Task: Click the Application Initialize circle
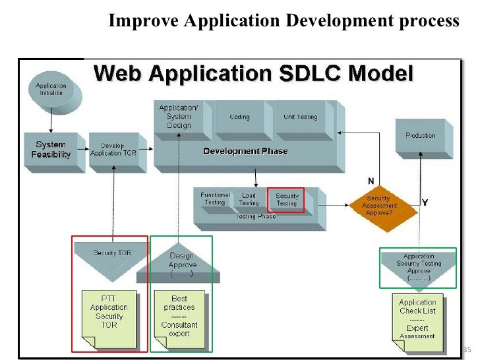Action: tap(51, 90)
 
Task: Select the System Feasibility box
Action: tap(51, 150)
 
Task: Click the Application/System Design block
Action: tap(178, 116)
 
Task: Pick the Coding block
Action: tap(239, 117)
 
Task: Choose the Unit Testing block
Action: tap(300, 117)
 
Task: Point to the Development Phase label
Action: tap(245, 151)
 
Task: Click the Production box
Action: tap(420, 136)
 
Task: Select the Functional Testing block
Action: tap(215, 199)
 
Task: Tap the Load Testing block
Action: tap(249, 199)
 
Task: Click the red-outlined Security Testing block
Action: tap(286, 200)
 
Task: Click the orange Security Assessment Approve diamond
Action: tap(379, 204)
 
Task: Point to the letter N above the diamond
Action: tap(371, 181)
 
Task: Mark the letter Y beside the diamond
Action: tap(425, 203)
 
